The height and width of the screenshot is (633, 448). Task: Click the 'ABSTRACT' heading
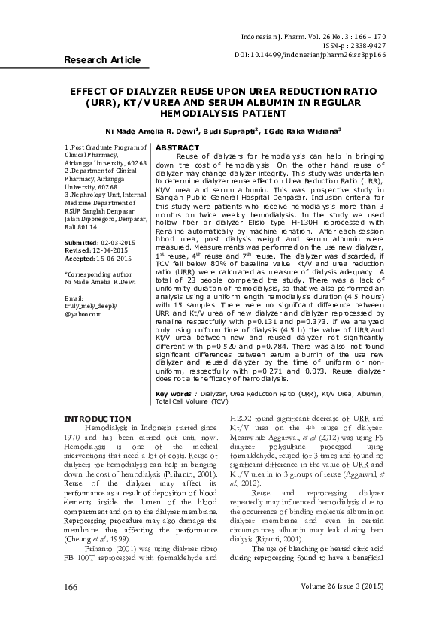coord(177,147)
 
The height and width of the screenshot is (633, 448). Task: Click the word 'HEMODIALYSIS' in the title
coord(223,113)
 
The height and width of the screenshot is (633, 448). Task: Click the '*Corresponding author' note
coord(98,274)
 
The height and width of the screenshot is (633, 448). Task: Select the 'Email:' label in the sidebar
coord(75,298)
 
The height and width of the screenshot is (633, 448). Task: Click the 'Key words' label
coord(173,392)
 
